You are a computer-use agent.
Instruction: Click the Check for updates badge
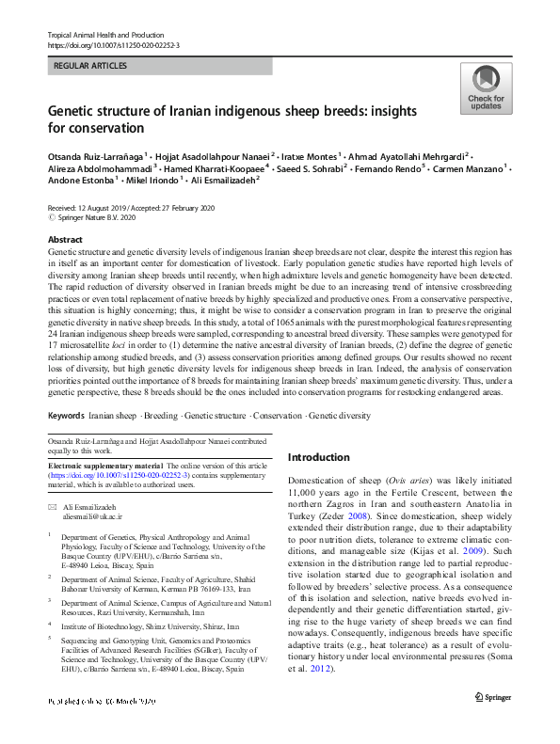coord(486,90)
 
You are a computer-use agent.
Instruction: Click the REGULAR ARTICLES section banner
coord(160,66)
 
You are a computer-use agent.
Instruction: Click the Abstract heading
coord(65,241)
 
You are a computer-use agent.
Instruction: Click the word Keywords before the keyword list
coord(66,416)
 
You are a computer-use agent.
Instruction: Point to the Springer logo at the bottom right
coord(492,723)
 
